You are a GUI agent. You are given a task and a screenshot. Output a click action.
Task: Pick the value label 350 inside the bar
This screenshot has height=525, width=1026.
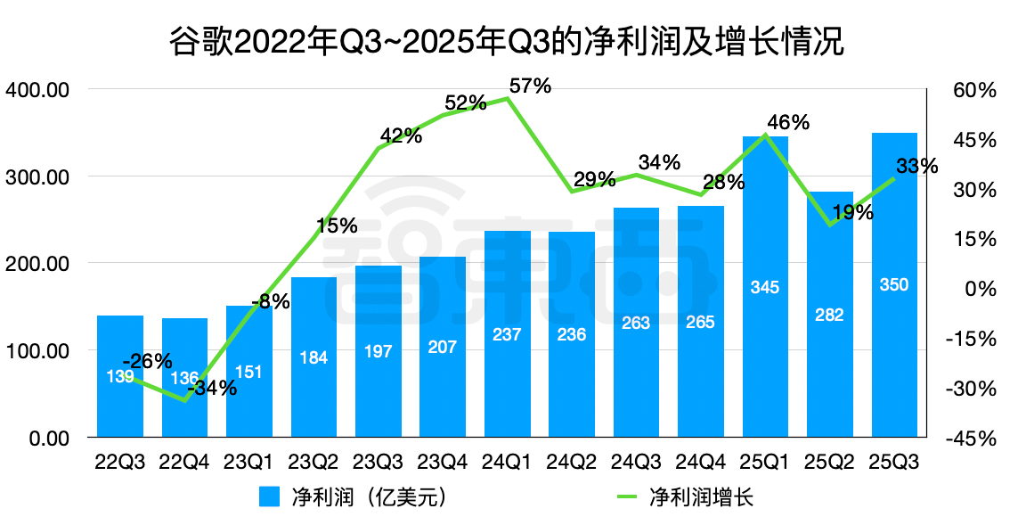click(x=893, y=285)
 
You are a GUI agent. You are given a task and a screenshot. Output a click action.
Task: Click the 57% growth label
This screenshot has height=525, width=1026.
click(x=531, y=86)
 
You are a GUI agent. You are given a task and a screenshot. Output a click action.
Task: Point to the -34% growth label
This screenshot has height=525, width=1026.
click(x=211, y=388)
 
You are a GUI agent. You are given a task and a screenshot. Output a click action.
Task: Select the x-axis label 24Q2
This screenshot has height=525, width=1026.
click(x=572, y=463)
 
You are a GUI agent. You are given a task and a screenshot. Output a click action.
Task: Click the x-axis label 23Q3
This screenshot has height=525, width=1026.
click(x=378, y=463)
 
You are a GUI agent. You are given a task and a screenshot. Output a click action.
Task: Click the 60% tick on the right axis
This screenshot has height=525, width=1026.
click(x=972, y=90)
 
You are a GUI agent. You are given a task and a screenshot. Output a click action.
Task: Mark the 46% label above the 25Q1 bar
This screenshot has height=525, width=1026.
click(x=788, y=122)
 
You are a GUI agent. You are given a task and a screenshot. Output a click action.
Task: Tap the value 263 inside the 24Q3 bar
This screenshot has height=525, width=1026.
click(x=636, y=323)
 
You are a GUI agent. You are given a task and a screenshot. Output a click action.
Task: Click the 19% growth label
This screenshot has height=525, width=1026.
click(x=853, y=212)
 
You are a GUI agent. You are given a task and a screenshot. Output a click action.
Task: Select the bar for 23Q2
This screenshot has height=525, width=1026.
click(x=313, y=357)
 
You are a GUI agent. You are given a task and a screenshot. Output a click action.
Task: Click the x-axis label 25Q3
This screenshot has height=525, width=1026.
click(x=893, y=463)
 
